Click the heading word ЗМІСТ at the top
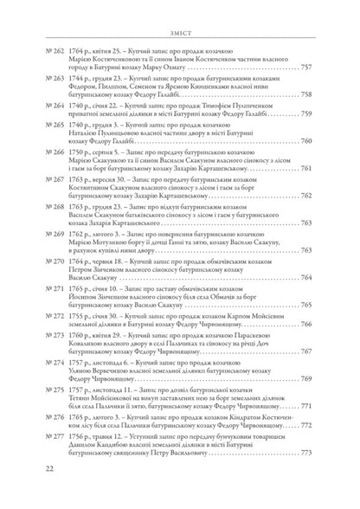coord(181,11)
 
